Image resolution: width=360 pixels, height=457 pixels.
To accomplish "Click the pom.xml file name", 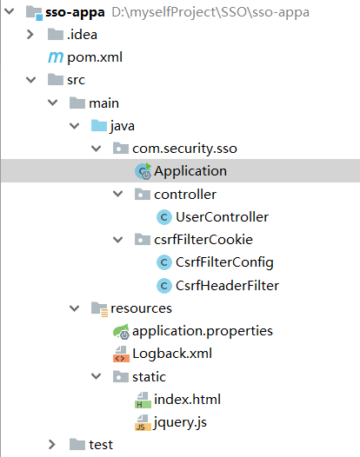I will pos(95,57).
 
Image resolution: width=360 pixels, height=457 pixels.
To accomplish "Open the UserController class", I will pos(222,216).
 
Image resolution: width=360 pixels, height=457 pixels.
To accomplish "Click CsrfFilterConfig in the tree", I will pos(224,262).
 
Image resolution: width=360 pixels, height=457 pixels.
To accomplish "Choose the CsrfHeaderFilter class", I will pos(227,285).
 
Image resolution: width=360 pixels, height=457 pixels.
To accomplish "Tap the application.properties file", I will pos(202,331).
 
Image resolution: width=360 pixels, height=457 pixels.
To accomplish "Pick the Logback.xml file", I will pos(172,354).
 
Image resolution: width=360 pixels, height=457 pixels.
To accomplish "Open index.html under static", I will pos(187,400).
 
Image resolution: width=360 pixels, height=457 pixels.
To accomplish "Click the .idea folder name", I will pos(83,35).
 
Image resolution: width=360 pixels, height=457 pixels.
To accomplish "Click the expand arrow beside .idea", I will pos(31,35).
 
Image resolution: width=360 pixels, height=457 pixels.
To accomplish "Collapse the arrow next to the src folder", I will pos(31,80).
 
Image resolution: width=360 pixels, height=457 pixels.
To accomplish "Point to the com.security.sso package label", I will pos(183,149).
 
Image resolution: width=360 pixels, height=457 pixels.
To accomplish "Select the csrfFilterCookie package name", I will pos(203,240).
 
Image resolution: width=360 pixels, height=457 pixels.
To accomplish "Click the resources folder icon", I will pos(99,308).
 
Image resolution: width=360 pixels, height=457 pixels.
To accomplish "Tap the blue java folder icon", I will pos(99,126).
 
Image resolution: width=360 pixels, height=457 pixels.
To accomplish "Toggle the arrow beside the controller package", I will pos(118,194).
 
